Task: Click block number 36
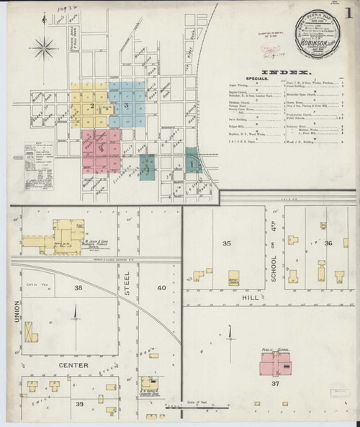(328, 244)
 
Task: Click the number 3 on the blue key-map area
(126, 107)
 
